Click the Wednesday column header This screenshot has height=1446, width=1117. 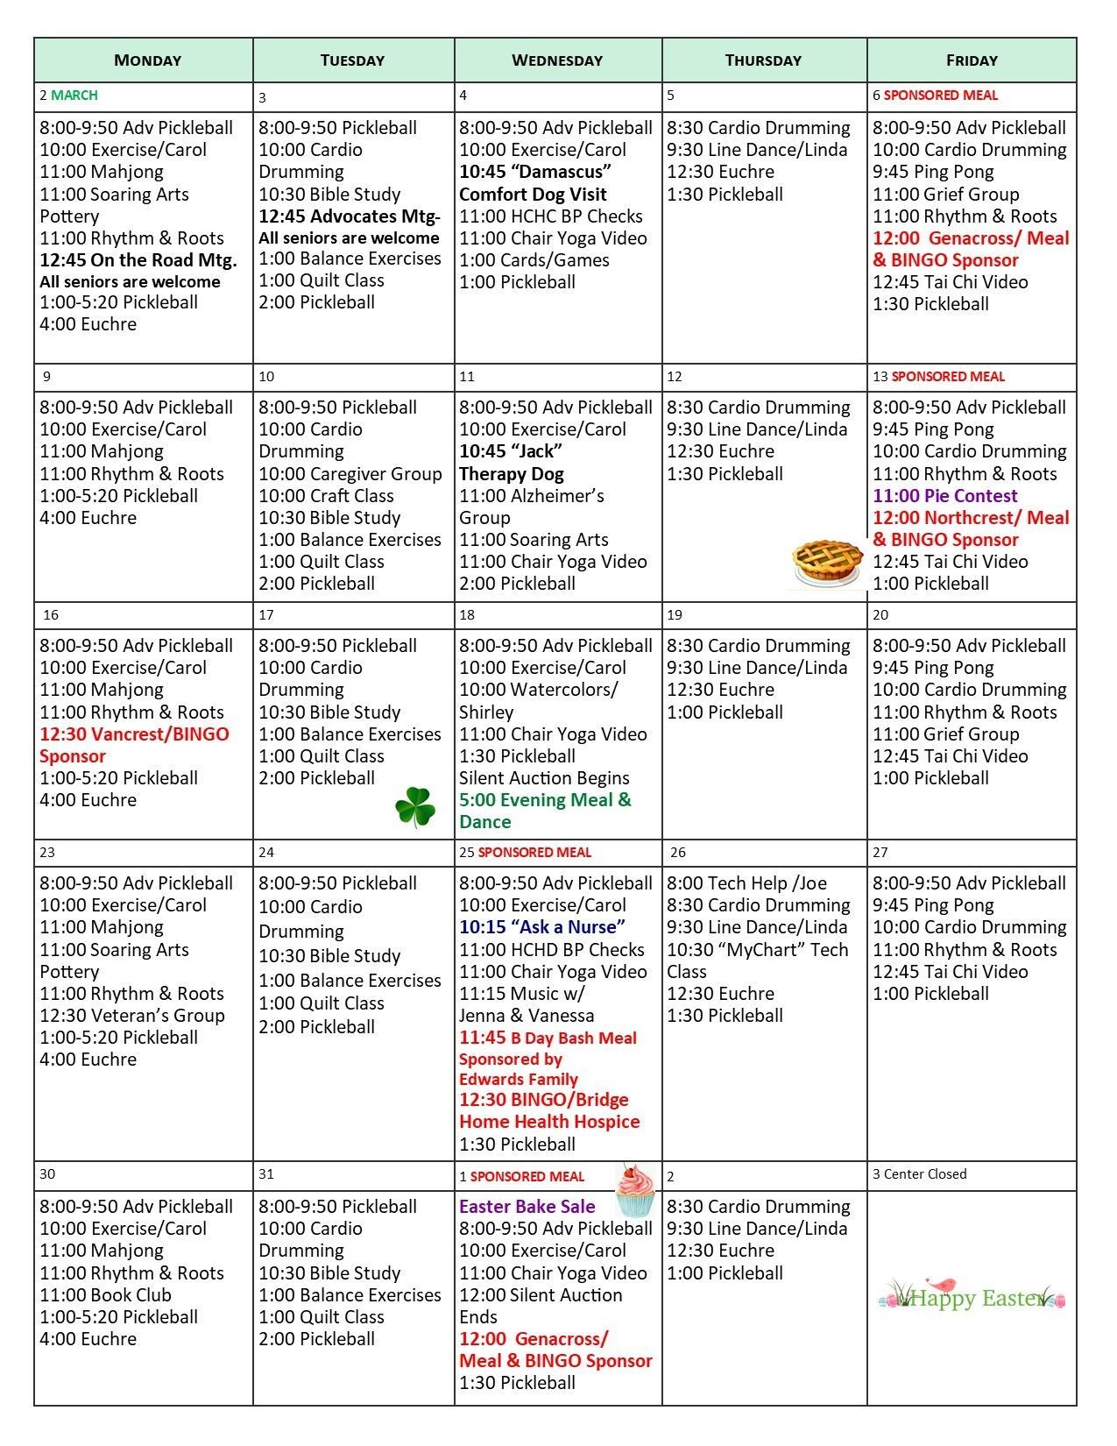pyautogui.click(x=557, y=60)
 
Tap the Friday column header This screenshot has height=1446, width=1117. pyautogui.click(x=972, y=60)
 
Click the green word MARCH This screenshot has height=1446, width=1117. pyautogui.click(x=74, y=96)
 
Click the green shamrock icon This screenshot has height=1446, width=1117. pyautogui.click(x=415, y=807)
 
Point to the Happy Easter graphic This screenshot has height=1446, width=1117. pyautogui.click(x=972, y=1298)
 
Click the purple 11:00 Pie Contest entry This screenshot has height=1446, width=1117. pyautogui.click(x=944, y=496)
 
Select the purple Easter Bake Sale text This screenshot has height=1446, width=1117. pyautogui.click(x=527, y=1207)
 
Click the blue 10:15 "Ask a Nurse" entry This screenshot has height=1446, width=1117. pyautogui.click(x=542, y=927)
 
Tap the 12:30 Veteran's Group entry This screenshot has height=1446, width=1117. pyautogui.click(x=132, y=1016)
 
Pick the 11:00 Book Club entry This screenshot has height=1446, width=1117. pyautogui.click(x=105, y=1295)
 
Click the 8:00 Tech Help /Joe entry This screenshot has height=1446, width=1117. pyautogui.click(x=746, y=883)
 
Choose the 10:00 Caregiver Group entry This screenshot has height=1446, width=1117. pyautogui.click(x=350, y=474)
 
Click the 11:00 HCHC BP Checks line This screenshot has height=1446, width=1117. pyautogui.click(x=550, y=216)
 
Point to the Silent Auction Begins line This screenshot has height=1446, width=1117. pyautogui.click(x=544, y=778)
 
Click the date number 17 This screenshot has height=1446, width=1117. pyautogui.click(x=266, y=615)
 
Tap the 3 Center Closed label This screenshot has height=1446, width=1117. pyautogui.click(x=919, y=1174)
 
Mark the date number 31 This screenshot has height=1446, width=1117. pyautogui.click(x=266, y=1174)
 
